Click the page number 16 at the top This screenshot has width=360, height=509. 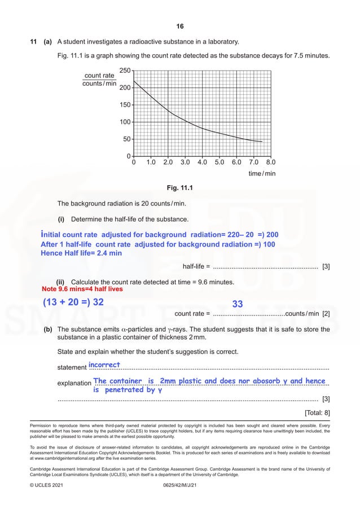point(180,27)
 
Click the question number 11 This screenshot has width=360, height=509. point(33,42)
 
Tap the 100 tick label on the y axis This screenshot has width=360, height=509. point(125,122)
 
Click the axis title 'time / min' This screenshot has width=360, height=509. point(262,174)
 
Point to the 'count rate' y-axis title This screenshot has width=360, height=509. point(99,76)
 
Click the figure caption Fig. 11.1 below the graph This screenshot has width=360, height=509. point(180,188)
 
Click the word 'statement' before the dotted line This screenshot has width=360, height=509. point(72,368)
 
